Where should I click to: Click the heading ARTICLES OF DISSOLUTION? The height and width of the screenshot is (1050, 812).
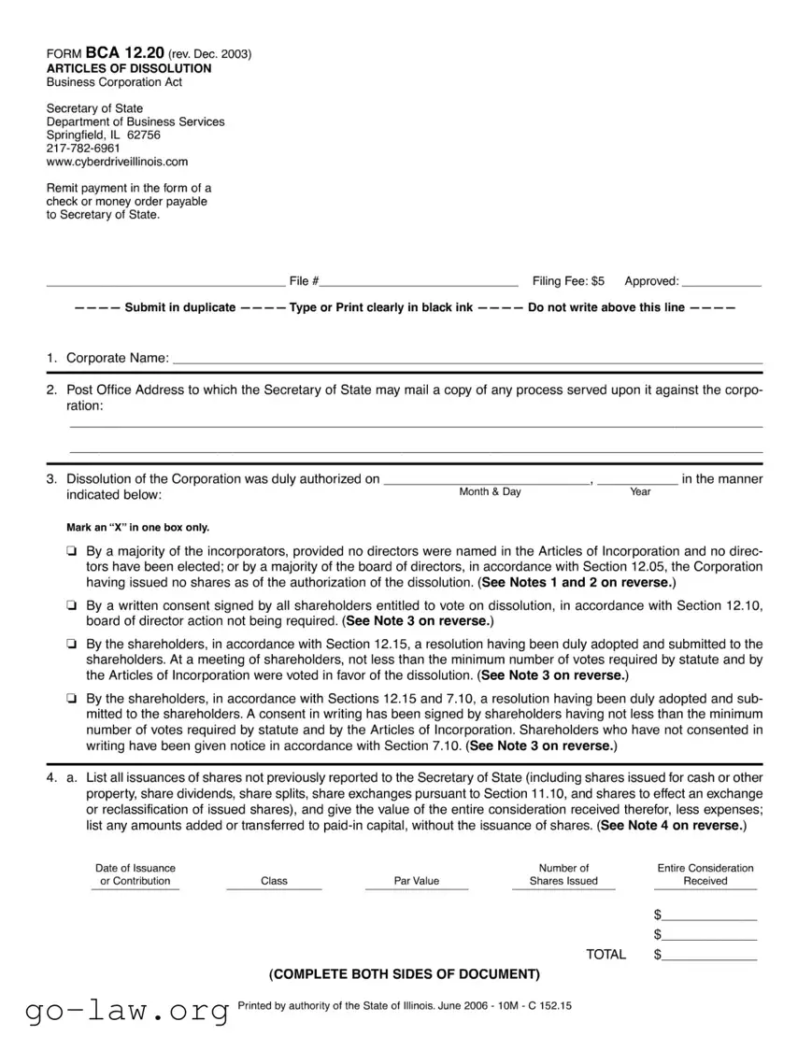pos(129,68)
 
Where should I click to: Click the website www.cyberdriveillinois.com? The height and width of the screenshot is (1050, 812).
pos(117,161)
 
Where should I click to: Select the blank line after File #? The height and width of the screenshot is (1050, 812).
pos(420,281)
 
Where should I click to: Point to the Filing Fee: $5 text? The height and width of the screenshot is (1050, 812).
pos(568,281)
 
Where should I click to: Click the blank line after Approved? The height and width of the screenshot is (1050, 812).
pos(721,281)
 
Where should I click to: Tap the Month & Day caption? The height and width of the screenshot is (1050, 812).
pos(490,492)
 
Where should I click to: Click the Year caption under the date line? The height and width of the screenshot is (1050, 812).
pos(640,492)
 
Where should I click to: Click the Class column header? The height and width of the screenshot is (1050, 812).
pos(274,881)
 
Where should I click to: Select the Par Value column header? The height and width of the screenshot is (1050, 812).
pos(416,881)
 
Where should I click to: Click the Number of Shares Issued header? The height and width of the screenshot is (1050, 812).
pos(563,874)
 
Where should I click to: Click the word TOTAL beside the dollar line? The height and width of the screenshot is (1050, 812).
pos(605,955)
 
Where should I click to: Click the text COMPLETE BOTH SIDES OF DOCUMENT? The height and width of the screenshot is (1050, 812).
pos(405,974)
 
